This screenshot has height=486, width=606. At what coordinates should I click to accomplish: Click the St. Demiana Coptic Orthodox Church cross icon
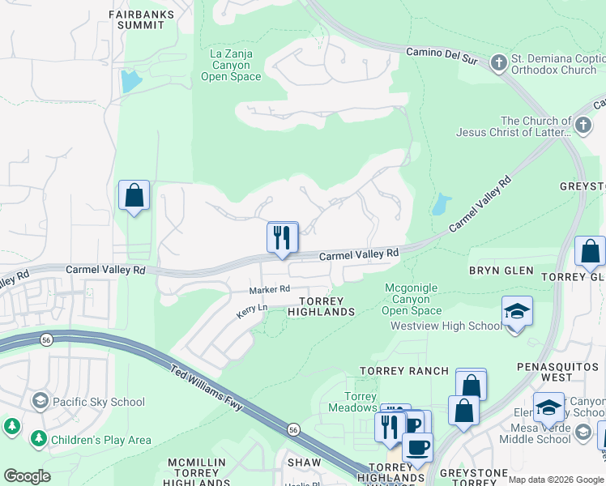click(500, 62)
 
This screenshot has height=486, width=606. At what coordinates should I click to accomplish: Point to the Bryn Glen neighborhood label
click(501, 271)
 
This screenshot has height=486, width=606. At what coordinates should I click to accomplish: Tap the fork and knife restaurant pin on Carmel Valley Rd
click(282, 237)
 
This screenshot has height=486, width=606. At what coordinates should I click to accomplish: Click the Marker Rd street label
click(269, 289)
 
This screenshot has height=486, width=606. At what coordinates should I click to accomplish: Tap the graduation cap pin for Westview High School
click(517, 312)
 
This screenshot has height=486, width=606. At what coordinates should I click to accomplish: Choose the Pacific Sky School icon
click(40, 401)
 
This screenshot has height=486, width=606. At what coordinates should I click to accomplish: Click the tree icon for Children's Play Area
click(38, 440)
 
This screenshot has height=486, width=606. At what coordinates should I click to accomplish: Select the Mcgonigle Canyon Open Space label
click(412, 298)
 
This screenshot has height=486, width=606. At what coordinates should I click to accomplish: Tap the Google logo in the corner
click(27, 476)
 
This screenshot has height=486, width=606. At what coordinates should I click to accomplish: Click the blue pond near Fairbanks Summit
click(129, 81)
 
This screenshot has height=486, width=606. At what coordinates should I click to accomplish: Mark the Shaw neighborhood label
click(304, 463)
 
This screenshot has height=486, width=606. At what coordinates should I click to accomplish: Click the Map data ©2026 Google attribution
click(556, 480)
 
